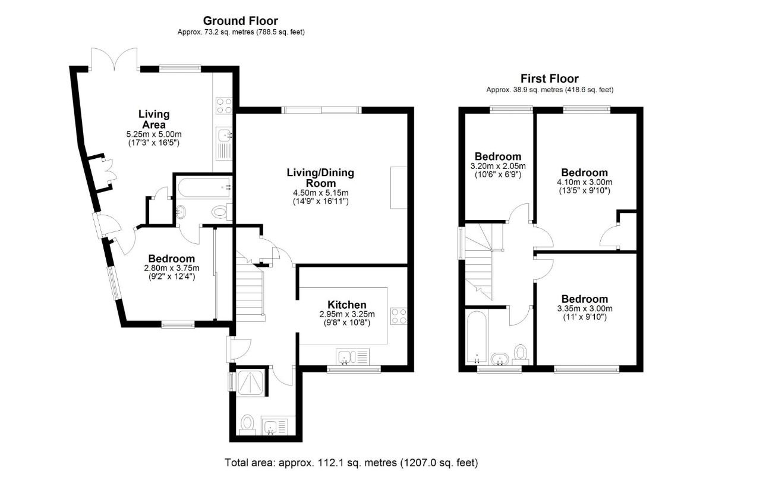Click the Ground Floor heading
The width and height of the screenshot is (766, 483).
[241, 21]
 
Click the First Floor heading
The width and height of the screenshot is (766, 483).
[549, 79]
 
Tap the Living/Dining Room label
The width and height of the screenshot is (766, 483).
[320, 178]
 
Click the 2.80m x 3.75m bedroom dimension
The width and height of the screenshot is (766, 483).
[171, 268]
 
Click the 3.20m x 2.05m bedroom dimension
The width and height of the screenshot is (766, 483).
[497, 166]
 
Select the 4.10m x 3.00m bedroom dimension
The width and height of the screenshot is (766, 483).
[584, 182]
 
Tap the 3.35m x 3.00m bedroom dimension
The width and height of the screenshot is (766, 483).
[585, 308]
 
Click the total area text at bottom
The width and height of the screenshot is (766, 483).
[351, 462]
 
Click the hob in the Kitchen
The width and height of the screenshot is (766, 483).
[398, 316]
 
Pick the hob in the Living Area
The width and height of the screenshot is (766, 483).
[225, 105]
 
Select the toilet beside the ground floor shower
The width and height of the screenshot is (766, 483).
[247, 424]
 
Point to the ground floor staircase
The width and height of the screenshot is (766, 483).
[251, 288]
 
